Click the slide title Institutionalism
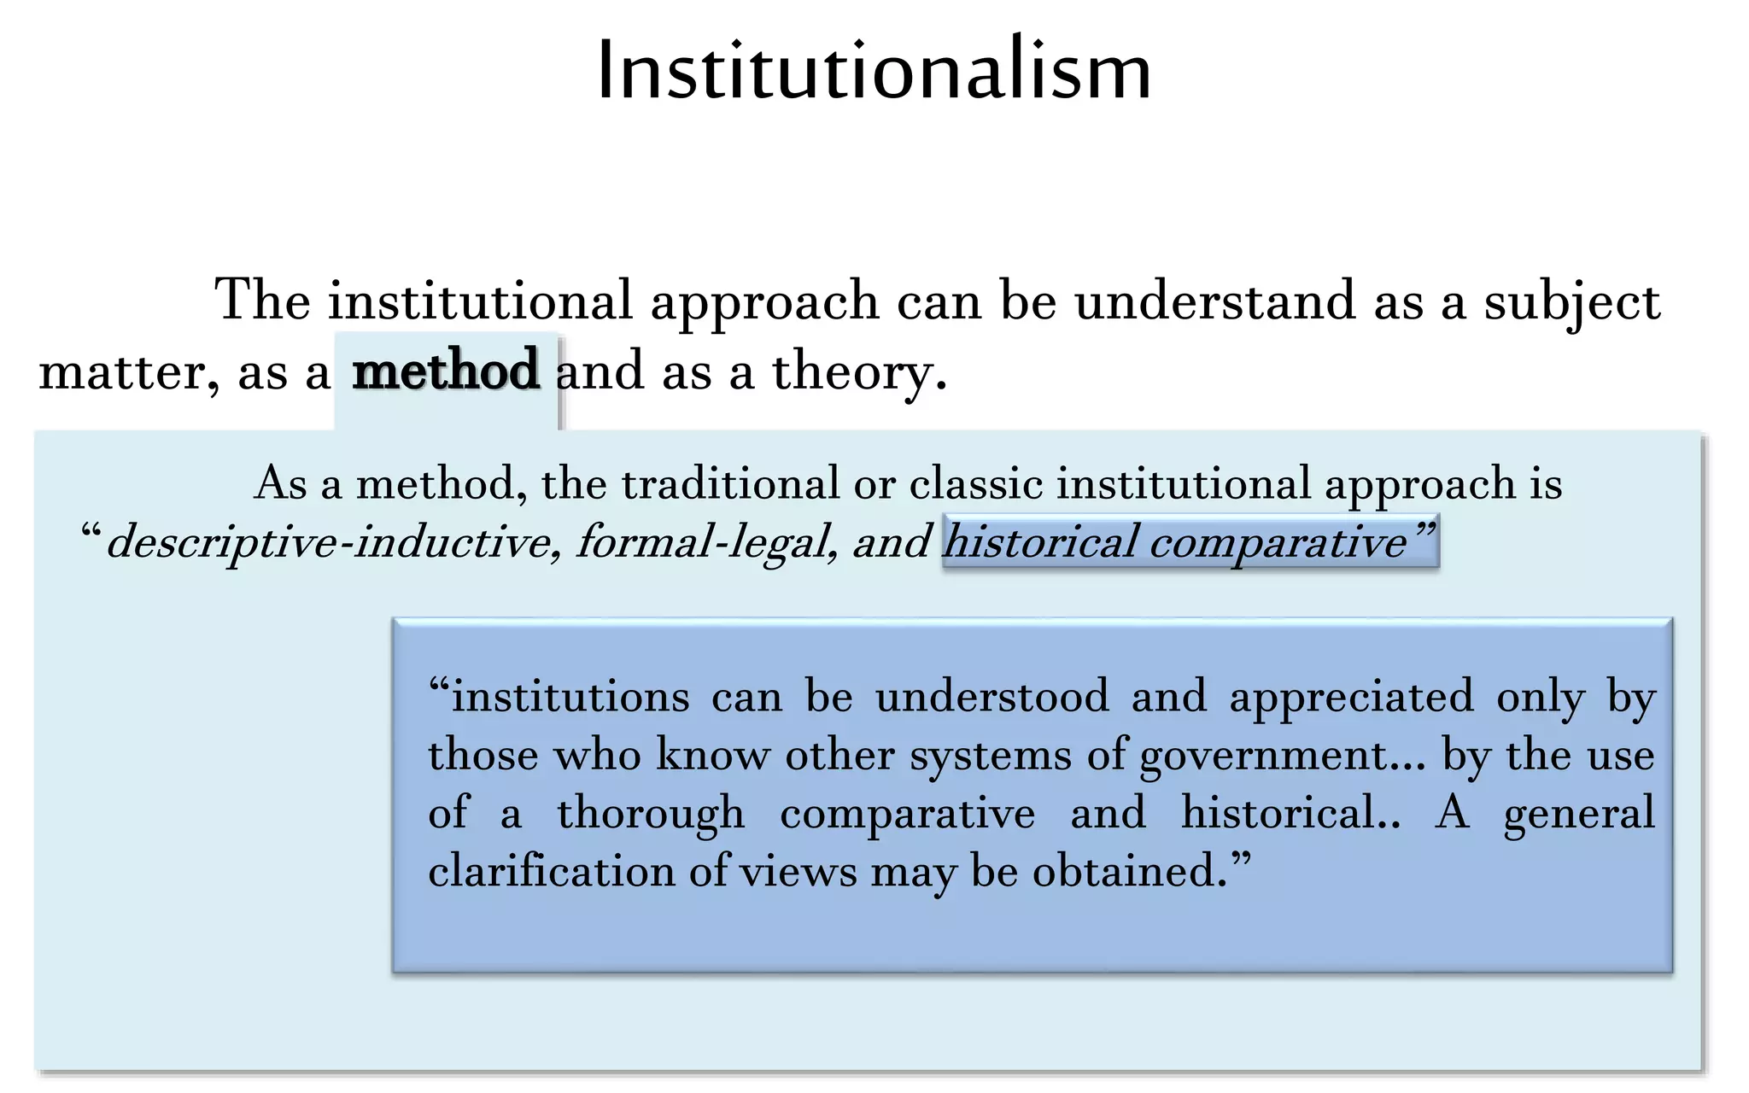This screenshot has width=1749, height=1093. [x=874, y=70]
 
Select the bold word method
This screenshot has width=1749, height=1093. [x=446, y=371]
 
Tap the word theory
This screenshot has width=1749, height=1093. [x=859, y=373]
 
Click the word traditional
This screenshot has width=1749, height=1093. [x=730, y=483]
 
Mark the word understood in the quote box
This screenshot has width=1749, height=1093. [x=991, y=697]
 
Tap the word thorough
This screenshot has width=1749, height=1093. [x=651, y=813]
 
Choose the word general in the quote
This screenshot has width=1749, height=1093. [x=1578, y=813]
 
